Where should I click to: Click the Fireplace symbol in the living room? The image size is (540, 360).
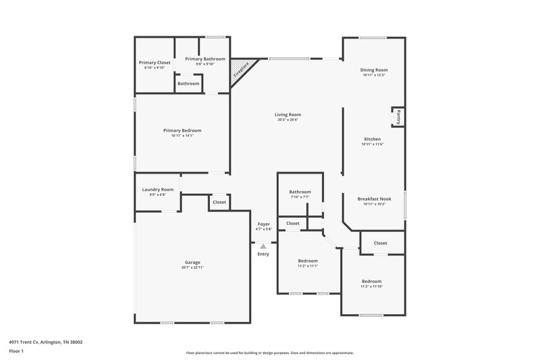click(241, 70)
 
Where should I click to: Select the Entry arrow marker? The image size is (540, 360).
click(263, 247)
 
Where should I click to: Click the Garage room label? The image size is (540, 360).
click(192, 262)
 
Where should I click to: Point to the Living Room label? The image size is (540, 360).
click(288, 115)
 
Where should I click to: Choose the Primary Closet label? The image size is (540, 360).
click(155, 62)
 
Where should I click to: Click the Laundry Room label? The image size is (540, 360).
click(158, 190)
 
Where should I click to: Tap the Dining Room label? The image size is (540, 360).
click(374, 70)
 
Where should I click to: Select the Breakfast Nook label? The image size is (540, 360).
click(374, 199)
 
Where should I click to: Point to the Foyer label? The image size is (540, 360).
click(263, 224)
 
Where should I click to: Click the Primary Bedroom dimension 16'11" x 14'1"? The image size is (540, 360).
click(182, 136)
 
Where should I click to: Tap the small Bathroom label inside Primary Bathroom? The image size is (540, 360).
click(188, 83)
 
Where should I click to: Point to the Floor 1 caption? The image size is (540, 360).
click(16, 351)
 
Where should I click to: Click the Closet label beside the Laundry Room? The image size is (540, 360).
click(219, 202)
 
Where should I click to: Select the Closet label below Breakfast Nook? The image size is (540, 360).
click(380, 242)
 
